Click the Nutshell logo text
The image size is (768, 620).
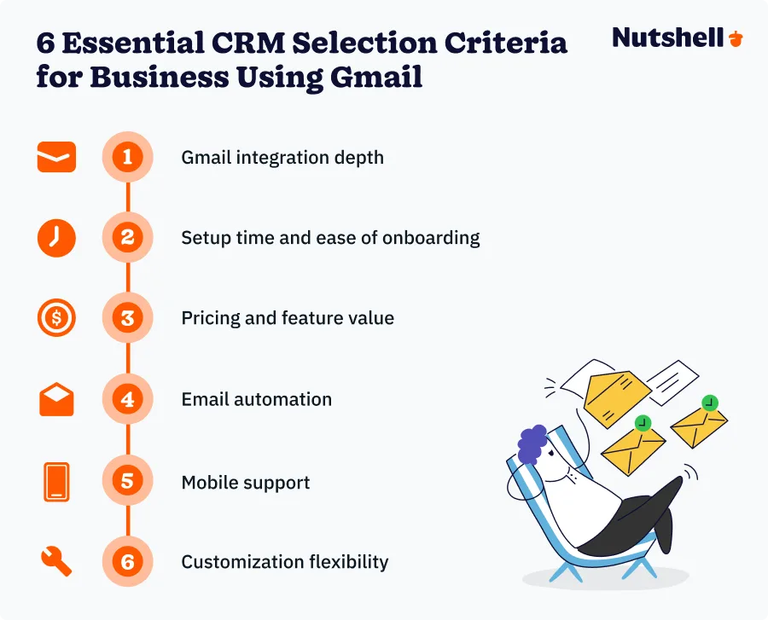[670, 38]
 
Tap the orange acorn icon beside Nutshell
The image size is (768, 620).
[736, 38]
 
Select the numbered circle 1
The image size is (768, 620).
[127, 157]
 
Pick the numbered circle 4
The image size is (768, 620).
[127, 399]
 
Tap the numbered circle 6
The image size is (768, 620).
[127, 562]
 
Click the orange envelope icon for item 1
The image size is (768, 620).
[56, 157]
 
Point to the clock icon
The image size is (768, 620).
[56, 237]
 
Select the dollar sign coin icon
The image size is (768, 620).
[56, 318]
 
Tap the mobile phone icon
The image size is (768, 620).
[56, 482]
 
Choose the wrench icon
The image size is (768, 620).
[56, 562]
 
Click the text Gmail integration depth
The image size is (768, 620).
[282, 158]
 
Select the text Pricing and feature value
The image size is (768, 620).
[288, 318]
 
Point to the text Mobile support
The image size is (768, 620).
[246, 482]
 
